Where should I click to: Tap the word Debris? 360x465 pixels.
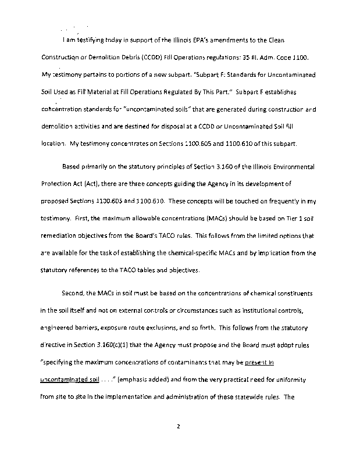(145, 58)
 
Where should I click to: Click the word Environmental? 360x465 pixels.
(291, 167)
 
